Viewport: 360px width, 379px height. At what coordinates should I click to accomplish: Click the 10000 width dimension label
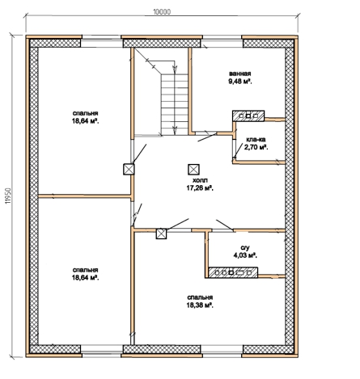162,12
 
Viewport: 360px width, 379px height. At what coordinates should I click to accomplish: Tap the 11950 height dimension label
8,196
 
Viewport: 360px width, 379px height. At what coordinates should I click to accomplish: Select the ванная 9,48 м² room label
240,78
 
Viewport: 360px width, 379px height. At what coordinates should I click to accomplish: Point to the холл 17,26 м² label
200,184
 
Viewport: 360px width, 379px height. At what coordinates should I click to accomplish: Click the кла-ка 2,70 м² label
256,143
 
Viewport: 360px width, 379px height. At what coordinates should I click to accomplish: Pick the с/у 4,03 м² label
245,251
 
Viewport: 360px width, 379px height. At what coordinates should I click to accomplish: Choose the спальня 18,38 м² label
200,301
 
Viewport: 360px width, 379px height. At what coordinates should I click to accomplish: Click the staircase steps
175,104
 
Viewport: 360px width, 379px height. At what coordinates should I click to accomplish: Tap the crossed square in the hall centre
193,170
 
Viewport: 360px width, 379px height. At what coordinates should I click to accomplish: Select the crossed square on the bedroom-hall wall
129,169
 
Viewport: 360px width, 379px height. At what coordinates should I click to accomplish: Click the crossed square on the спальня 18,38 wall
161,234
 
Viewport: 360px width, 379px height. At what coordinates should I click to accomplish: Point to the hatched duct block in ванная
248,116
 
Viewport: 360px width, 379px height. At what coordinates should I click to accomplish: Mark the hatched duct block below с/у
233,272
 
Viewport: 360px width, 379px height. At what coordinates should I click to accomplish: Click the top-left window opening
102,41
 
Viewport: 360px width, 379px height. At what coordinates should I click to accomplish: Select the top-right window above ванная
222,41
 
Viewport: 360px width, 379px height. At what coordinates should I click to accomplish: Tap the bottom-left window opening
102,351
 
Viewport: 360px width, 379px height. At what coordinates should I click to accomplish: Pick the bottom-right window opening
222,351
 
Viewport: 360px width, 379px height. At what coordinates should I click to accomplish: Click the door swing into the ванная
207,137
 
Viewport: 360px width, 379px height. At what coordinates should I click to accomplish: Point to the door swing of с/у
225,225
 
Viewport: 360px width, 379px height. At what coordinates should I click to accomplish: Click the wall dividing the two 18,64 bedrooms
84,196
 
